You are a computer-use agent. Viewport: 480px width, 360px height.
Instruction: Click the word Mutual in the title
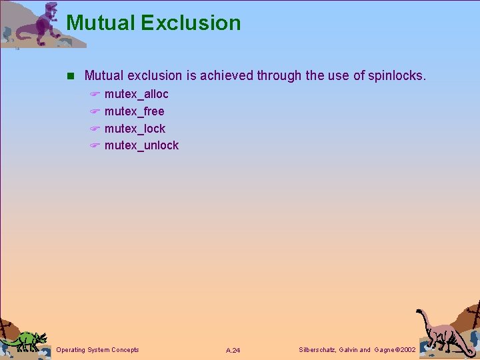[100, 23]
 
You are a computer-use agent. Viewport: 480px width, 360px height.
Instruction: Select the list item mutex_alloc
[136, 94]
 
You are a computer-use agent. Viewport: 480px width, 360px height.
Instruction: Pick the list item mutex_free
[134, 111]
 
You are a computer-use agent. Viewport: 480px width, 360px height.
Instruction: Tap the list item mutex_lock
[135, 129]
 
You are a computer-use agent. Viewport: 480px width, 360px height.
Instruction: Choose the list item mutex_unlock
[141, 145]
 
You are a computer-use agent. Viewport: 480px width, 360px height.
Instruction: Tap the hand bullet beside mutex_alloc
[95, 95]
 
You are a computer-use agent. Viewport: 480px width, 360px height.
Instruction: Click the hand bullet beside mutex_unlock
[95, 146]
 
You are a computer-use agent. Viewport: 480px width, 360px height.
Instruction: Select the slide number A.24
[233, 350]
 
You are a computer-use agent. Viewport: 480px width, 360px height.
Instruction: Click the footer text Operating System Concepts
[97, 349]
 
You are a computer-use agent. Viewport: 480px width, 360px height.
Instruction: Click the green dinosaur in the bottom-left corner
[25, 340]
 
